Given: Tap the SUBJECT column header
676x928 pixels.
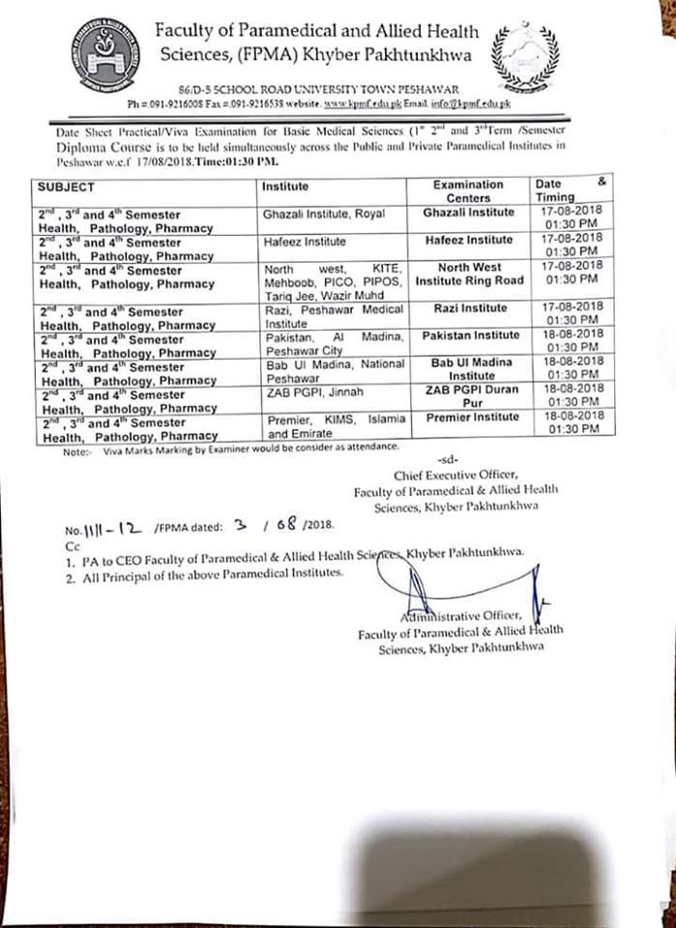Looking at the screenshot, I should (x=67, y=187).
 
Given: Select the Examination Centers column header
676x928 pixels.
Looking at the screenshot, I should (x=468, y=190).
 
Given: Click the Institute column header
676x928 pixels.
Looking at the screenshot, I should (x=285, y=187).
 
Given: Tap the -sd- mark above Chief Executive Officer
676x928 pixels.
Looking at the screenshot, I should (x=446, y=460).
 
